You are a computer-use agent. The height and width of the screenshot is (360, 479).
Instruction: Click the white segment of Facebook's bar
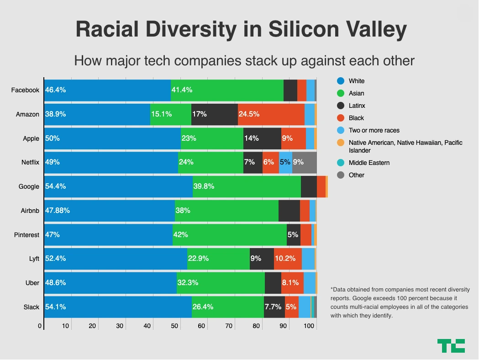[107, 90]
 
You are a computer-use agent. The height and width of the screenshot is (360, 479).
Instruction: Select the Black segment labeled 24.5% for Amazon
[271, 114]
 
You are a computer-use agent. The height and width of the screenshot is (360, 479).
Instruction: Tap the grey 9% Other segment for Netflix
[304, 162]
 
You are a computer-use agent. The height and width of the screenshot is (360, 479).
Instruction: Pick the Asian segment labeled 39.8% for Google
[247, 186]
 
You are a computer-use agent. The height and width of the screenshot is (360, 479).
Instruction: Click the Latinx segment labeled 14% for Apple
[262, 138]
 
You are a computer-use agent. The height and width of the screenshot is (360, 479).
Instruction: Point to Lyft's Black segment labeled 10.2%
[288, 259]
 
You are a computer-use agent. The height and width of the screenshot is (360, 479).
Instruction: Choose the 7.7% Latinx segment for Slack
[274, 307]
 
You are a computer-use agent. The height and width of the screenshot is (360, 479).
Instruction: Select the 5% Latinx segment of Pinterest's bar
[293, 235]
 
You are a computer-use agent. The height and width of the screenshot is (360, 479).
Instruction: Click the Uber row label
[32, 283]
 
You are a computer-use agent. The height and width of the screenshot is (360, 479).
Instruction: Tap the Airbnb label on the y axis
[30, 211]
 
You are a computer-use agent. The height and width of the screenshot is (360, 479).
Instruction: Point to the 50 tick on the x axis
[174, 326]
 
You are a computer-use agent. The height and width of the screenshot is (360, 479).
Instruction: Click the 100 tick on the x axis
[309, 326]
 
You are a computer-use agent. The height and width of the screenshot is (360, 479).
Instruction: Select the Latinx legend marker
[340, 106]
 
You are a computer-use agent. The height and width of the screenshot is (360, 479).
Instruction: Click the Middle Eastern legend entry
[369, 163]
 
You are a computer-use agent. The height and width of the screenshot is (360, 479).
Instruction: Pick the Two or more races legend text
[374, 130]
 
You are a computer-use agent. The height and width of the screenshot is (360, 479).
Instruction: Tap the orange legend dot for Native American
[340, 143]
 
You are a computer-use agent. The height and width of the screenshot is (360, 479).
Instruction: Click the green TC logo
[451, 345]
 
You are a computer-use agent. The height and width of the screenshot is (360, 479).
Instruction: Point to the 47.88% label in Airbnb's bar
[58, 211]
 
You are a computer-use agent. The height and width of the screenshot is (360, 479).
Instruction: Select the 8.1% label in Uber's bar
[290, 283]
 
